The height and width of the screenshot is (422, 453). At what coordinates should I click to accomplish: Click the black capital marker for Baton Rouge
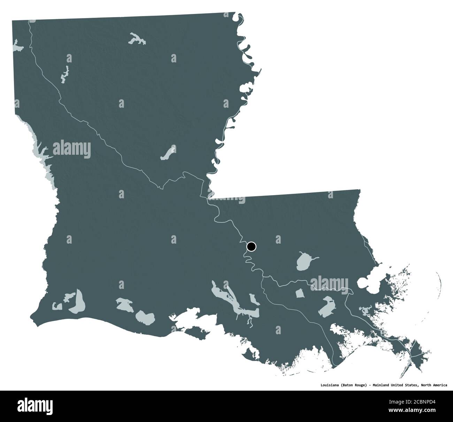[x=251, y=247]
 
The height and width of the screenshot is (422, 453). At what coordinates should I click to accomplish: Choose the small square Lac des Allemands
[x=300, y=294]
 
